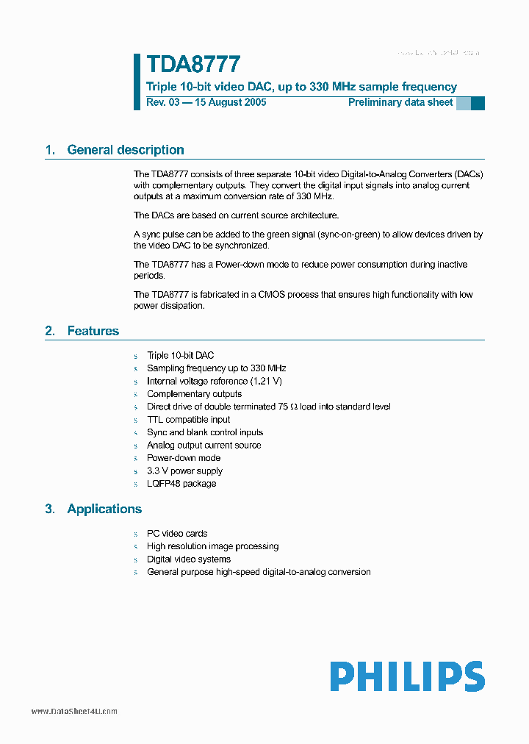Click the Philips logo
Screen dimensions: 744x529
[x=406, y=676]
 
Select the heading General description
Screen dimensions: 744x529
[x=125, y=150]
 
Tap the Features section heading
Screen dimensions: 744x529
[x=93, y=332]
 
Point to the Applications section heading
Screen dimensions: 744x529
[x=104, y=509]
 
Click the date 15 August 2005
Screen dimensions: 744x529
[x=229, y=102]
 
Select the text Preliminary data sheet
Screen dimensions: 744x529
[x=400, y=102]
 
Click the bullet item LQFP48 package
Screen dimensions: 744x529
[x=181, y=484]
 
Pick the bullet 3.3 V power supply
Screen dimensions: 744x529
[x=184, y=471]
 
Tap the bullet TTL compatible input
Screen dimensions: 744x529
[x=188, y=420]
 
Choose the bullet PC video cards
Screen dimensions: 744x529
[x=177, y=534]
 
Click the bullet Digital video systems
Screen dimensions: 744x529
[x=189, y=559]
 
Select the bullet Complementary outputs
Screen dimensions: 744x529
[x=194, y=394]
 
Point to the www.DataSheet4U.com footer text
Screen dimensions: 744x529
[x=74, y=712]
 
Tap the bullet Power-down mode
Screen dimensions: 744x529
[x=184, y=458]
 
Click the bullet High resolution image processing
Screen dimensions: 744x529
[x=212, y=546]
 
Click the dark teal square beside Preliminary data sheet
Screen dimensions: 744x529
[x=478, y=103]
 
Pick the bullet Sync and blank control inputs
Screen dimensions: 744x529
[x=205, y=432]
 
